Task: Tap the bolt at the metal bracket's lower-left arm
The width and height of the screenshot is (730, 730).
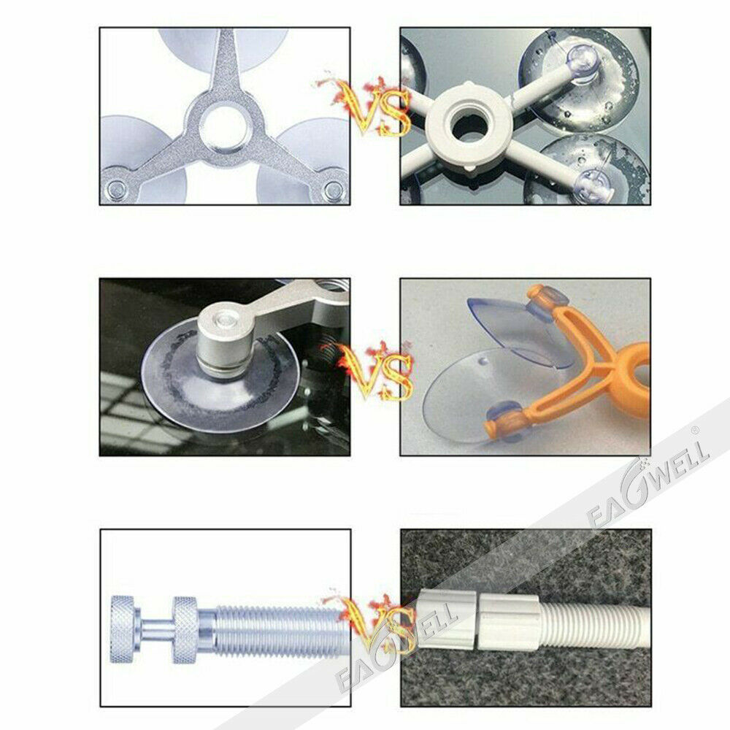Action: click(x=116, y=189)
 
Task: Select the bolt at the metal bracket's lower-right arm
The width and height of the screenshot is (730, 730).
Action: click(x=334, y=190)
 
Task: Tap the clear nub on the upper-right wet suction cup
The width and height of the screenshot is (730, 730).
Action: click(x=582, y=60)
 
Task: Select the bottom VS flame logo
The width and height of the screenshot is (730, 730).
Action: click(x=372, y=624)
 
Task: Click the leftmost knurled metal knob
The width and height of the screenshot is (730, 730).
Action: click(x=123, y=629)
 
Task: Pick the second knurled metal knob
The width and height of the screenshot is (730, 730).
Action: click(x=185, y=629)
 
